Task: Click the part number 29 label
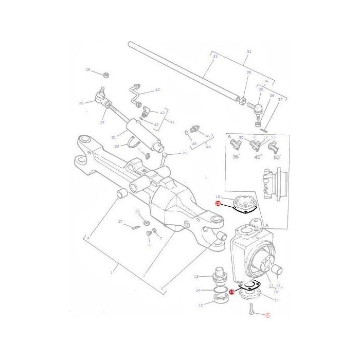[x=87, y=70]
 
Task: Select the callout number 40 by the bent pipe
[x=157, y=90]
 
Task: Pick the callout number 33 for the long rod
[x=215, y=56]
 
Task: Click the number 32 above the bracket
[x=249, y=52]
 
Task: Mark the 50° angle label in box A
[x=277, y=157]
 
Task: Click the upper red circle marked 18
[x=218, y=204]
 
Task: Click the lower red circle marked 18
[x=231, y=292]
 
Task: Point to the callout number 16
[x=218, y=197]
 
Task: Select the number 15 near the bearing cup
[x=201, y=305]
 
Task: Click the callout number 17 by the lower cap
[x=276, y=300]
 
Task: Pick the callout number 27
[x=120, y=222]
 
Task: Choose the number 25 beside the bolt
[x=184, y=153]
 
